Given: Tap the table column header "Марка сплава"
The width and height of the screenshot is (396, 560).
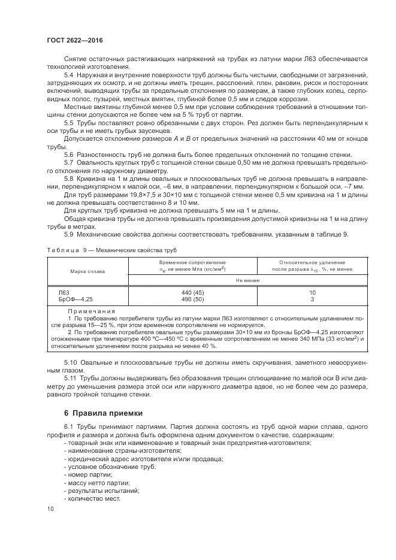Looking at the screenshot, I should coord(87,271).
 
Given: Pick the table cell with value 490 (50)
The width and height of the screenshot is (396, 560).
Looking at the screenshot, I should coord(192,299).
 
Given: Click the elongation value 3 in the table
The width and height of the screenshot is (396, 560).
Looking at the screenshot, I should coord(312,299).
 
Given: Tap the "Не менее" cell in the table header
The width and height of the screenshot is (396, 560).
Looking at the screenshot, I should coord(247,280).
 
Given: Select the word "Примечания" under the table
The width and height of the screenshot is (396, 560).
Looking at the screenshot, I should coord(91,311).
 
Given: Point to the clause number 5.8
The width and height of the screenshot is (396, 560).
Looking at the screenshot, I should coord(68,178).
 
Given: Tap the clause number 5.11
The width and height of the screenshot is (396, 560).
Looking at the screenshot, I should coord(70,379).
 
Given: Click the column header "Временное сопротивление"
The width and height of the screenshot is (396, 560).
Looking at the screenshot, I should coord(192,262).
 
